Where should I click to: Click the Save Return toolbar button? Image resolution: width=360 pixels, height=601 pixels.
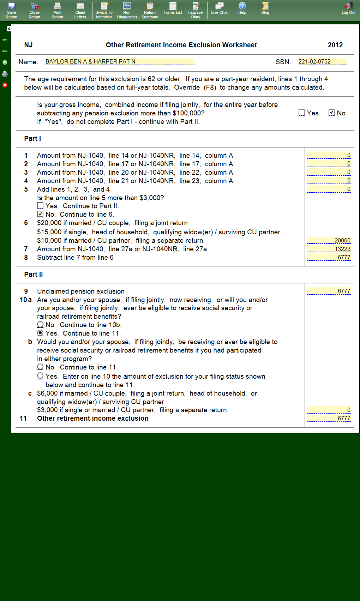pyautogui.click(x=11, y=10)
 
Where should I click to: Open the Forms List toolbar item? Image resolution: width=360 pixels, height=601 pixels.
pyautogui.click(x=173, y=8)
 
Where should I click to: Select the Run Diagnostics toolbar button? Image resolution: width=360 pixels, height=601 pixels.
pyautogui.click(x=127, y=10)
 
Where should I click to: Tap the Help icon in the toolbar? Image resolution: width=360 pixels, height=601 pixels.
pyautogui.click(x=242, y=8)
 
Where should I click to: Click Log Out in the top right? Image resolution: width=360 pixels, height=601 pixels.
pyautogui.click(x=348, y=8)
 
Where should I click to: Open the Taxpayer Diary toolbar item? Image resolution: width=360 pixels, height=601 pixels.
pyautogui.click(x=196, y=10)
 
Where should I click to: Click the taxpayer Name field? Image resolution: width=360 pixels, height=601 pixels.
pyautogui.click(x=120, y=62)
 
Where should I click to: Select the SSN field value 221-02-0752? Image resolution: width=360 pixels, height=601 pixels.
pyautogui.click(x=322, y=62)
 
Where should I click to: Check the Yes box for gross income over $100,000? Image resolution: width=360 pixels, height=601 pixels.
pyautogui.click(x=301, y=113)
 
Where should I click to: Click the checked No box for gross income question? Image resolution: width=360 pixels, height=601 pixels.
pyautogui.click(x=331, y=113)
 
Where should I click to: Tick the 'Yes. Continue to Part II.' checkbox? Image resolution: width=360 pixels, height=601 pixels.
pyautogui.click(x=40, y=206)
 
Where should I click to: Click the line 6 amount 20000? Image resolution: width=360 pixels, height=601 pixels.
pyautogui.click(x=329, y=241)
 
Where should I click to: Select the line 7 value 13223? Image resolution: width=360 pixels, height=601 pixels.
pyautogui.click(x=329, y=249)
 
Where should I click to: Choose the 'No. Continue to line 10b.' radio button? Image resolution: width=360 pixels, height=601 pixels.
pyautogui.click(x=40, y=325)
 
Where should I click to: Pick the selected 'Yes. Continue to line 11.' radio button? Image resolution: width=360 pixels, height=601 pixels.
pyautogui.click(x=40, y=333)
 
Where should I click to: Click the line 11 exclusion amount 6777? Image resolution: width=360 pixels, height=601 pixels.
pyautogui.click(x=329, y=419)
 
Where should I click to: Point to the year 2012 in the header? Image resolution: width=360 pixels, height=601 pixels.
pyautogui.click(x=335, y=45)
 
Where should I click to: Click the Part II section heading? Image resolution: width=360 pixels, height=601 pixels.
pyautogui.click(x=34, y=275)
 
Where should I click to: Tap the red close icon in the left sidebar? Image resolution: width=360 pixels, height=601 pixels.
pyautogui.click(x=5, y=85)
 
